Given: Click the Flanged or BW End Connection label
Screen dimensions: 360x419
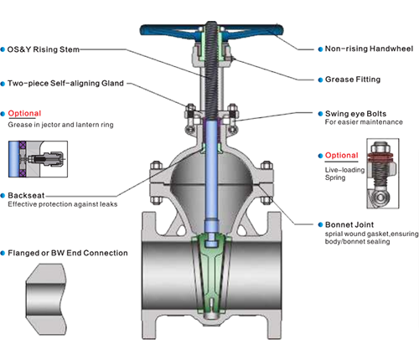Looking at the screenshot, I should point(68,252).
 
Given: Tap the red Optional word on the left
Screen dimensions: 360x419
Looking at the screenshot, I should point(24,113).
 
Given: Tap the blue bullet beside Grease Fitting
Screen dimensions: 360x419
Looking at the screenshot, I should point(319,80).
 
